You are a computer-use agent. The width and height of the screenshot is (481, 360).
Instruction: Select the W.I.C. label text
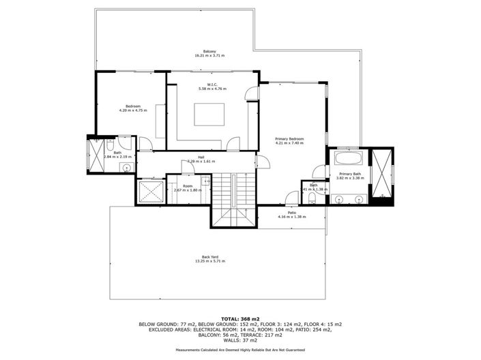(212, 85)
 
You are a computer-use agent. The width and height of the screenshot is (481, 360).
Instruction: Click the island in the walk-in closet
(209, 114)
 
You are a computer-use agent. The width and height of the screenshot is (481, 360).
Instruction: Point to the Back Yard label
(209, 256)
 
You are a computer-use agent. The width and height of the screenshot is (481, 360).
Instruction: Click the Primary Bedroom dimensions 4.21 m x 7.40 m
(289, 143)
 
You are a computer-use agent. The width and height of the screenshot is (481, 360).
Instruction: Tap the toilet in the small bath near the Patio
(312, 198)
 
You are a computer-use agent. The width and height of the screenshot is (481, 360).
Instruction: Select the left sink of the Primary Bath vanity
(339, 199)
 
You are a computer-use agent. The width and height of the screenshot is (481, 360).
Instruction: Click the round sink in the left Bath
(126, 167)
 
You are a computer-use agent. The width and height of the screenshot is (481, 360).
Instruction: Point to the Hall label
(201, 157)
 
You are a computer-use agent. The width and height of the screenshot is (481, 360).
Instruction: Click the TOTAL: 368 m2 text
(240, 318)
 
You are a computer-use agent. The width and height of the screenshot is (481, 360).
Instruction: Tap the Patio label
(292, 212)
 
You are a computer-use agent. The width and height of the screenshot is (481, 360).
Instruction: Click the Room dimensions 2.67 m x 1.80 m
(187, 190)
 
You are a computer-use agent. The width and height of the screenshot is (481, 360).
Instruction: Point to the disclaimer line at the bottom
(240, 349)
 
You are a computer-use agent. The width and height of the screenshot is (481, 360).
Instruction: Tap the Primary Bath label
(350, 174)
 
